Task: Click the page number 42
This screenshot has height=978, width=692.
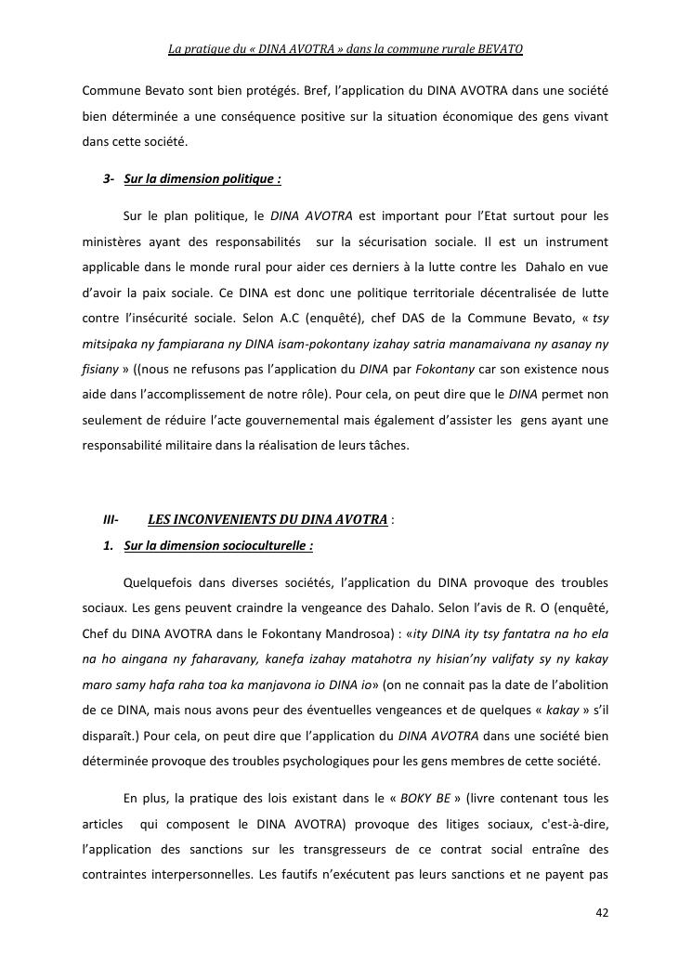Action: (x=602, y=912)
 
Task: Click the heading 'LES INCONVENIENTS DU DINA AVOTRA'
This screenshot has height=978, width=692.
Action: (x=268, y=519)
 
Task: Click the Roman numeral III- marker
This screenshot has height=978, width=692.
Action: (x=111, y=519)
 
